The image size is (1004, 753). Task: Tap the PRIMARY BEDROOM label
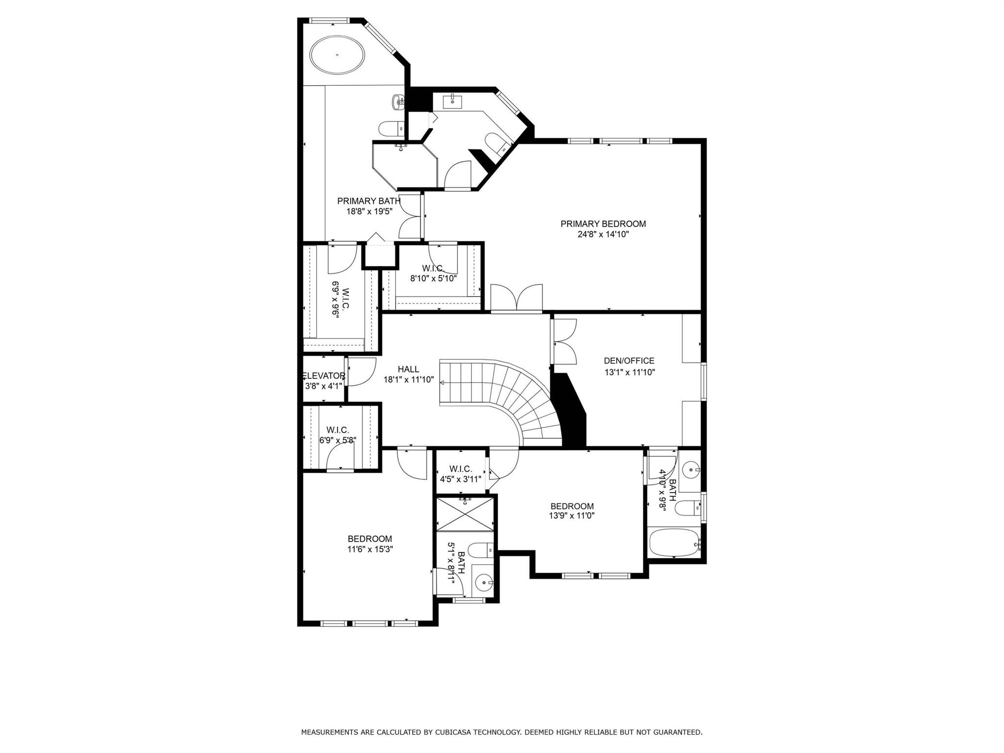click(603, 224)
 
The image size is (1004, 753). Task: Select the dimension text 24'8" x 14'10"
click(603, 234)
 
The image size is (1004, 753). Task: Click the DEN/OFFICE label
click(629, 361)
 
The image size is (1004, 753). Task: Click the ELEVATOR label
click(324, 376)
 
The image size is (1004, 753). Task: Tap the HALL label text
click(408, 369)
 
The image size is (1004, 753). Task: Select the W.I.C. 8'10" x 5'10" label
click(433, 273)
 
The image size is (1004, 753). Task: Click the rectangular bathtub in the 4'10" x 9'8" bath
click(675, 543)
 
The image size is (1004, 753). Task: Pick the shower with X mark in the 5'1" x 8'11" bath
click(465, 514)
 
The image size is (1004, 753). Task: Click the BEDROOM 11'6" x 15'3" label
click(370, 544)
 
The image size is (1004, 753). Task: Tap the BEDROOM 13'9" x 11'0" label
click(572, 510)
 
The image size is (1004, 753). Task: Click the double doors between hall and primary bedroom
click(516, 298)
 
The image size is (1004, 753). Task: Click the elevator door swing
click(362, 372)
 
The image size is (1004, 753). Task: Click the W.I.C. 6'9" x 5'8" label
click(337, 435)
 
